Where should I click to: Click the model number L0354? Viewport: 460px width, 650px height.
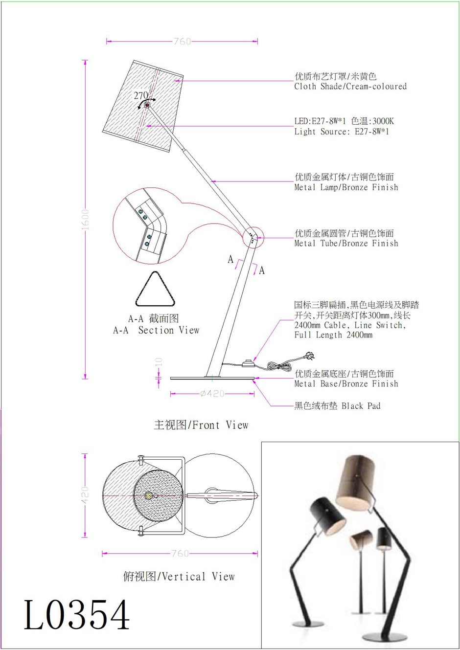[76, 614]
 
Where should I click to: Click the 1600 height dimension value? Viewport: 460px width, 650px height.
[85, 220]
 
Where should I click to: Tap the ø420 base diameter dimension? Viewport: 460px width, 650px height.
[212, 394]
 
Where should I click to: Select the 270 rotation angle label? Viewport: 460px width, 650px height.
[141, 95]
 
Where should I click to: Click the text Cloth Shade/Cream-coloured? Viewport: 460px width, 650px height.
[350, 86]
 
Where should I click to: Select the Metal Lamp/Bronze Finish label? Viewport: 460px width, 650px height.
[346, 187]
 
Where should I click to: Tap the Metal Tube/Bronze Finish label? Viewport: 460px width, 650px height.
[346, 243]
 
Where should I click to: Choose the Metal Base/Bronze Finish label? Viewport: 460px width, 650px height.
[346, 383]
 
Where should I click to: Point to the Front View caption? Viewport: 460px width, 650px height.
[201, 425]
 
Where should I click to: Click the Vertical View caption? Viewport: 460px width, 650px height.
[179, 576]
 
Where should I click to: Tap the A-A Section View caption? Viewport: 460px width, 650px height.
[156, 330]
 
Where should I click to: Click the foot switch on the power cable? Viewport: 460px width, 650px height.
[248, 363]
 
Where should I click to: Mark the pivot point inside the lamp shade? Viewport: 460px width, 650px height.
[147, 105]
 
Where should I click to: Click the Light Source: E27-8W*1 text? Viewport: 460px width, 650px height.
[342, 132]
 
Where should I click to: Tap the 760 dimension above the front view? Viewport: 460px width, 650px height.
[183, 42]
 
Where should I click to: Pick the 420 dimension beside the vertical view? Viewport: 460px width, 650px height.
[85, 495]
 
